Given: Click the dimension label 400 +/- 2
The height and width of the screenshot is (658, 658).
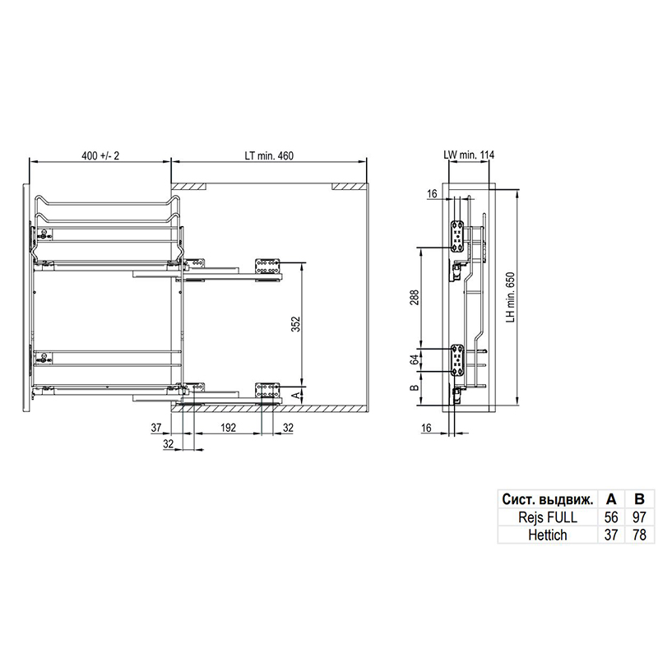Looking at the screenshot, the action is coord(100,155).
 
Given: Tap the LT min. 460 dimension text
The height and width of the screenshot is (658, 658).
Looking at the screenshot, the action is coord(269,155).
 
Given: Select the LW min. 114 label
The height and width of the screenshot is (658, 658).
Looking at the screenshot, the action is coord(469,155).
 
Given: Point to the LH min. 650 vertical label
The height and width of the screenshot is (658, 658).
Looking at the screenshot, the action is coord(510,297).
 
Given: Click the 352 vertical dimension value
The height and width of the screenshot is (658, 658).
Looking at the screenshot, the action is coord(296,324).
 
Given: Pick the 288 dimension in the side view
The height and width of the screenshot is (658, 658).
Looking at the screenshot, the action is coord(415,298).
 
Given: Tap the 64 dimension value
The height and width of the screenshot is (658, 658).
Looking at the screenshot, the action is coord(415,359).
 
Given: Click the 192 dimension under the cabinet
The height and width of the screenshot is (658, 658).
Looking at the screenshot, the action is coord(228,428).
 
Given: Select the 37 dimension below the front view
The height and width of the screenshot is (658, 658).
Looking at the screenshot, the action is coord(156,428).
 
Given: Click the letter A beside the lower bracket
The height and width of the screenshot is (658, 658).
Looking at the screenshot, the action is coord(296,395).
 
